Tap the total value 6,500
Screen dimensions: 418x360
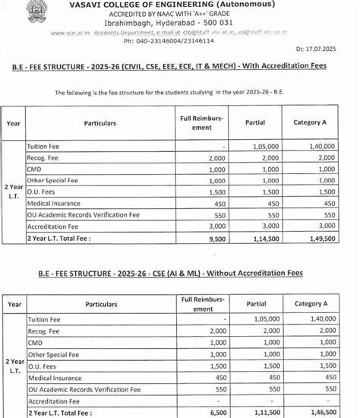[218, 412]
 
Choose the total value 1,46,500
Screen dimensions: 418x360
[325, 412]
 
